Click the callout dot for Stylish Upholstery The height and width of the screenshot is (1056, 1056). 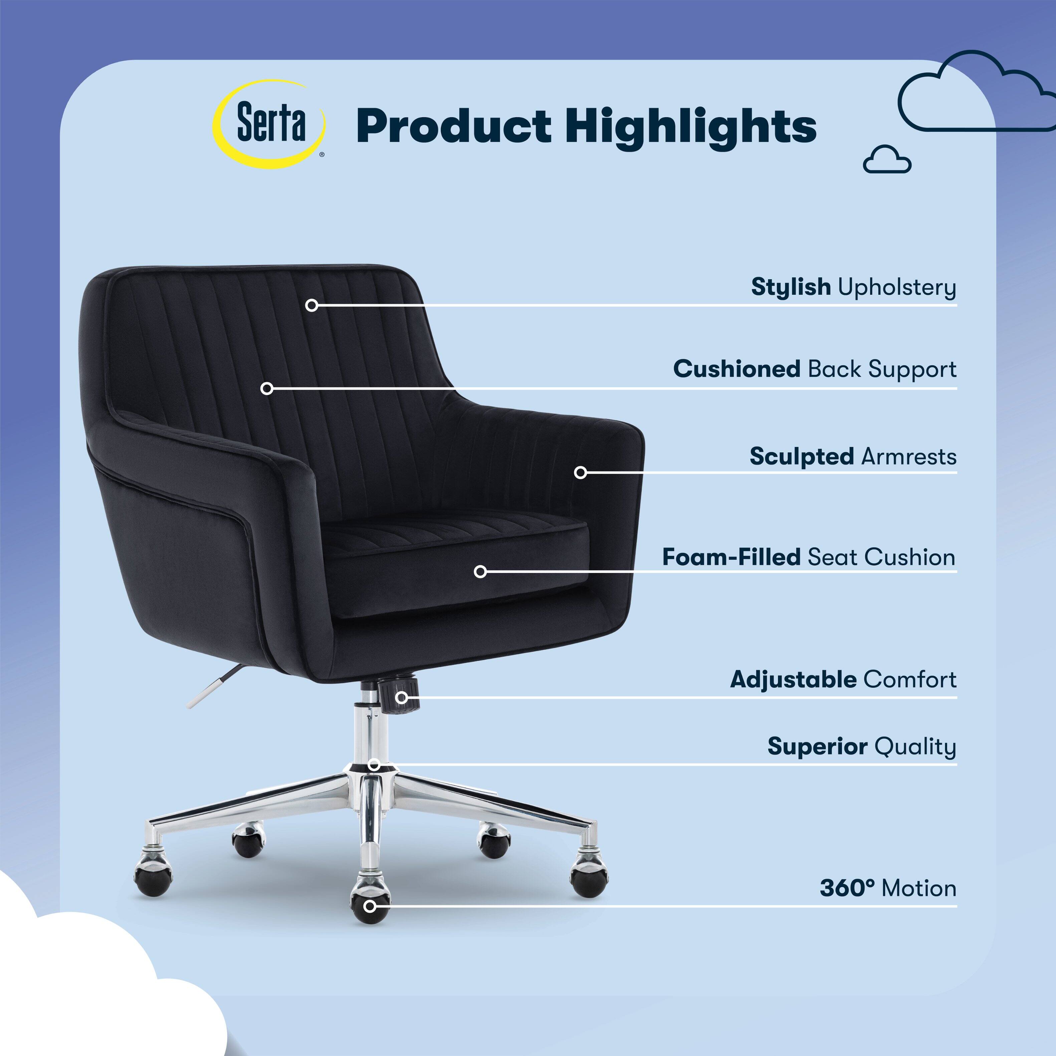pos(311,305)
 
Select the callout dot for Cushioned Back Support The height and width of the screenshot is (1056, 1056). pos(267,389)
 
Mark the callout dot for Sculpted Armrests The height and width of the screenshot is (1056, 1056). pos(581,472)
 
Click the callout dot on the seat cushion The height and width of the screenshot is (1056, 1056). pos(480,572)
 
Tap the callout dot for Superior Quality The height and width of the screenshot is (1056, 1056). pos(374,764)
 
